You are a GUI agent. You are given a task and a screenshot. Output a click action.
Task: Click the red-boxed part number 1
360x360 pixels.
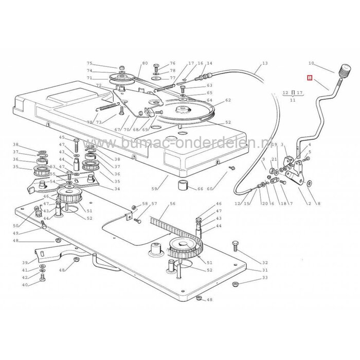point(309,79)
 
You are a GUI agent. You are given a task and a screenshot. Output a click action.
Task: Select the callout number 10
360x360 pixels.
point(311,63)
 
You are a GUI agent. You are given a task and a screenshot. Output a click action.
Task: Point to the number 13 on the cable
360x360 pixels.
point(265,63)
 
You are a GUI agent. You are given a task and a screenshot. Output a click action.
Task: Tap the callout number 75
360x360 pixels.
point(89,63)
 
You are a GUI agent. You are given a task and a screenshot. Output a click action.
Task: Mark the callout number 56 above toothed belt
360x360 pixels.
point(172,204)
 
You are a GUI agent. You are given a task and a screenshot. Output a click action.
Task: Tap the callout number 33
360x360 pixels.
point(265,278)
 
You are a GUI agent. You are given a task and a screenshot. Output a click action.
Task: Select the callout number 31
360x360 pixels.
point(265,270)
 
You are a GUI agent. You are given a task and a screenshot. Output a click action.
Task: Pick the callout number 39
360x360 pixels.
point(25,262)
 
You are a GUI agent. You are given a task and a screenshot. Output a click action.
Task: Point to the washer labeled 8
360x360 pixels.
point(310,183)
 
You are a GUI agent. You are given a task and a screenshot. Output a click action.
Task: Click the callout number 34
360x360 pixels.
point(117,189)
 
